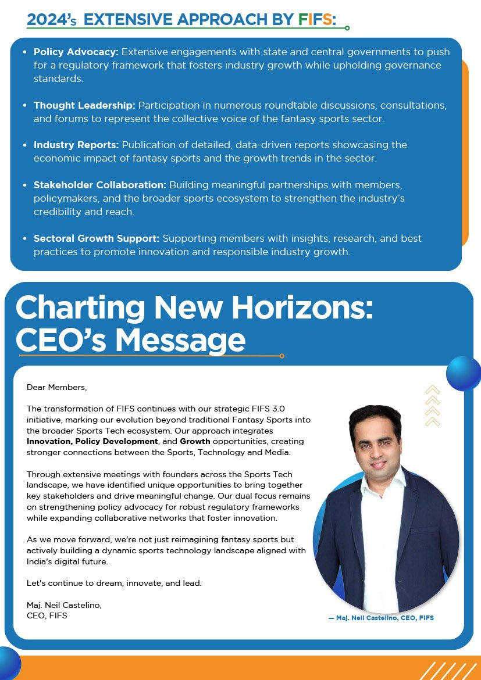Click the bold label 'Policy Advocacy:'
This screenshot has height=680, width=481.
point(76,52)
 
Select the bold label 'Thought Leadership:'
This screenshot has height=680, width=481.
point(84,105)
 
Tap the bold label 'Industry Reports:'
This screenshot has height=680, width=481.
point(76,145)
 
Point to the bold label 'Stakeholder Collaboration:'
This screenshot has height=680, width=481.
point(100,185)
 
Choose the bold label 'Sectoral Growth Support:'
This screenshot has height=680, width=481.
point(97,238)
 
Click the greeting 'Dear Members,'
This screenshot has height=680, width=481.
point(56,387)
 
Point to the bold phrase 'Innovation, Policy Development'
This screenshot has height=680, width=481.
point(92,442)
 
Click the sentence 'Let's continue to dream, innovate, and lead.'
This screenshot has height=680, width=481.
point(114,583)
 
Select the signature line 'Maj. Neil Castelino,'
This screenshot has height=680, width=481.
point(64,605)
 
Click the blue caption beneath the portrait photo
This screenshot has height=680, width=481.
point(381,618)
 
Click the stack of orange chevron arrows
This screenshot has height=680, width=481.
point(432,406)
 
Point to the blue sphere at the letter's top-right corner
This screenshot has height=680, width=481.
point(464,373)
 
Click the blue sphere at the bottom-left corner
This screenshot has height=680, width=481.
point(8,663)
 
